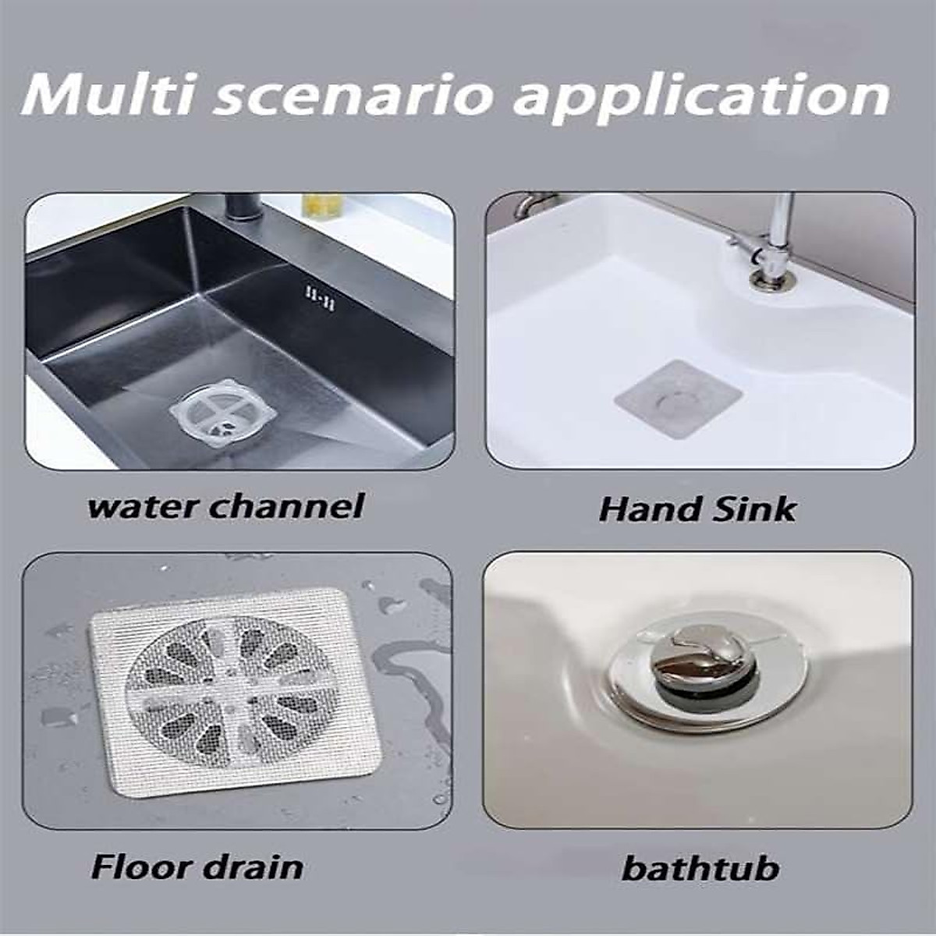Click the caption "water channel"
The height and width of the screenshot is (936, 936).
226,506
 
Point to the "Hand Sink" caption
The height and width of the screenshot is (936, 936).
697,509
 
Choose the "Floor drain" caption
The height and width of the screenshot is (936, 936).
197,866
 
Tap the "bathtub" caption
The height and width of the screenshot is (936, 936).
700,868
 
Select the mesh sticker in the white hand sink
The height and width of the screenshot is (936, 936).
677,400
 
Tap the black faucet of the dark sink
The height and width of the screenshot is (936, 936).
234,209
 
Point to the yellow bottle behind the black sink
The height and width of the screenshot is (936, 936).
321,207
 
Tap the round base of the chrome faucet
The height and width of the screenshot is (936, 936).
769,278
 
